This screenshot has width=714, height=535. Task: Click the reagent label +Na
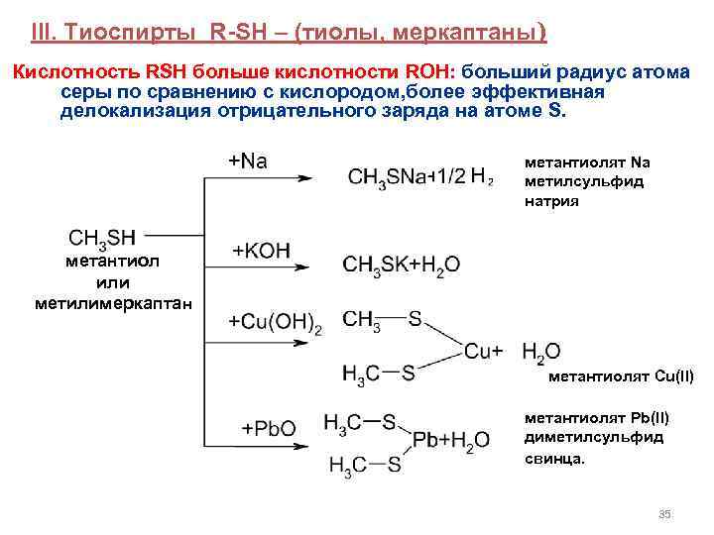[248, 160]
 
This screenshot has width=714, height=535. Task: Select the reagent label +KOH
[261, 251]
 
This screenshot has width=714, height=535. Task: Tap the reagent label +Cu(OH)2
[275, 322]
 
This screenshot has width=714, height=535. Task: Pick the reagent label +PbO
[269, 428]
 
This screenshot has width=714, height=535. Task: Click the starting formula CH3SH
[102, 238]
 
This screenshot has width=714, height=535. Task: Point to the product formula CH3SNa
[384, 177]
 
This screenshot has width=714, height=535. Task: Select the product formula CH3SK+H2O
[401, 265]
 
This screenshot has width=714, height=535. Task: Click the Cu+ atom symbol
[484, 351]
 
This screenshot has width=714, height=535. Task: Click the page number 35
[665, 513]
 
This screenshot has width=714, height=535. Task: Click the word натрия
[551, 200]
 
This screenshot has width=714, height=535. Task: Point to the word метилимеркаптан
[114, 300]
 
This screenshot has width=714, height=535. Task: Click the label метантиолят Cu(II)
[621, 375]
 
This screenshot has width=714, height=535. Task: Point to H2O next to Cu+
[540, 351]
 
